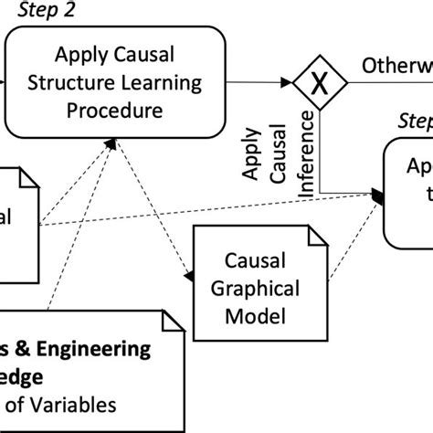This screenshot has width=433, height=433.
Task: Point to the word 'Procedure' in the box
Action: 114,111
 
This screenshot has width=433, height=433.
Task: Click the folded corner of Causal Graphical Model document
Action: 316,237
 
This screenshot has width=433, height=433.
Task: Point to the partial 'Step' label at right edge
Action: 416,121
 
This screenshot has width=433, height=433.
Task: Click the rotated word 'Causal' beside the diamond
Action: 282,152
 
